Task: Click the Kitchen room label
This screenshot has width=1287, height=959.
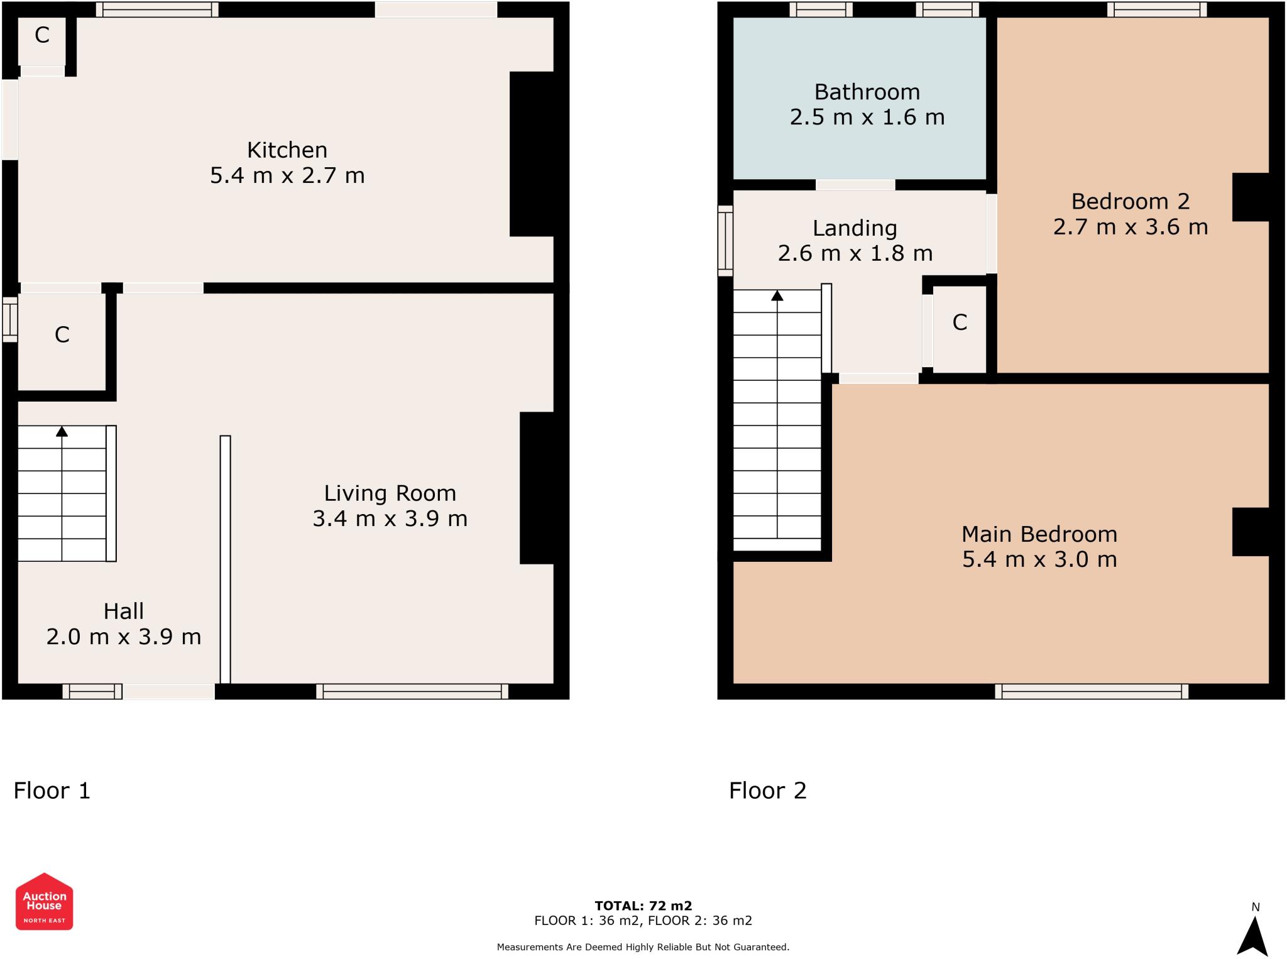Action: [287, 150]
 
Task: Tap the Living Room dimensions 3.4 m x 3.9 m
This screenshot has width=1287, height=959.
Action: [390, 518]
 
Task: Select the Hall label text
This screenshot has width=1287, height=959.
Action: [124, 611]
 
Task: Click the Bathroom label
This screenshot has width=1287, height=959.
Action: [867, 92]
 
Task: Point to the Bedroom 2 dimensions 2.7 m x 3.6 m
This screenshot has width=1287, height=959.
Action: [1131, 227]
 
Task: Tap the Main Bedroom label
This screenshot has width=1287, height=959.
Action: [1039, 534]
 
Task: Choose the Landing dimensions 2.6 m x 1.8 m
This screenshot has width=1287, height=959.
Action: [855, 253]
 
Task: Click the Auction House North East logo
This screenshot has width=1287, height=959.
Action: [44, 901]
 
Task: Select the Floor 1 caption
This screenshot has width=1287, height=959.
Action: [52, 791]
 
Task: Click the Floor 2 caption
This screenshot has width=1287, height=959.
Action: [767, 791]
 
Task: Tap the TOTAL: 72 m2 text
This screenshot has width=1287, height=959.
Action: [643, 906]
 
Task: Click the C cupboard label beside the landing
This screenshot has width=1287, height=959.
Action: [960, 322]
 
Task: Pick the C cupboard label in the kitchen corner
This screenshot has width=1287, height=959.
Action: [42, 35]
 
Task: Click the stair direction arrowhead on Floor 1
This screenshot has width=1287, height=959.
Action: [62, 431]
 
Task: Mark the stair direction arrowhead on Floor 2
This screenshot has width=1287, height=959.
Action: [777, 295]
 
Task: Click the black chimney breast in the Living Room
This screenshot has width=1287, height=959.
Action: [537, 488]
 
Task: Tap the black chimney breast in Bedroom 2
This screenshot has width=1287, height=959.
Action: [1251, 197]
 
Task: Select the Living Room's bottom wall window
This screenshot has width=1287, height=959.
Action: [412, 691]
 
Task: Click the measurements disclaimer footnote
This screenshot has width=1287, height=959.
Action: [643, 947]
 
